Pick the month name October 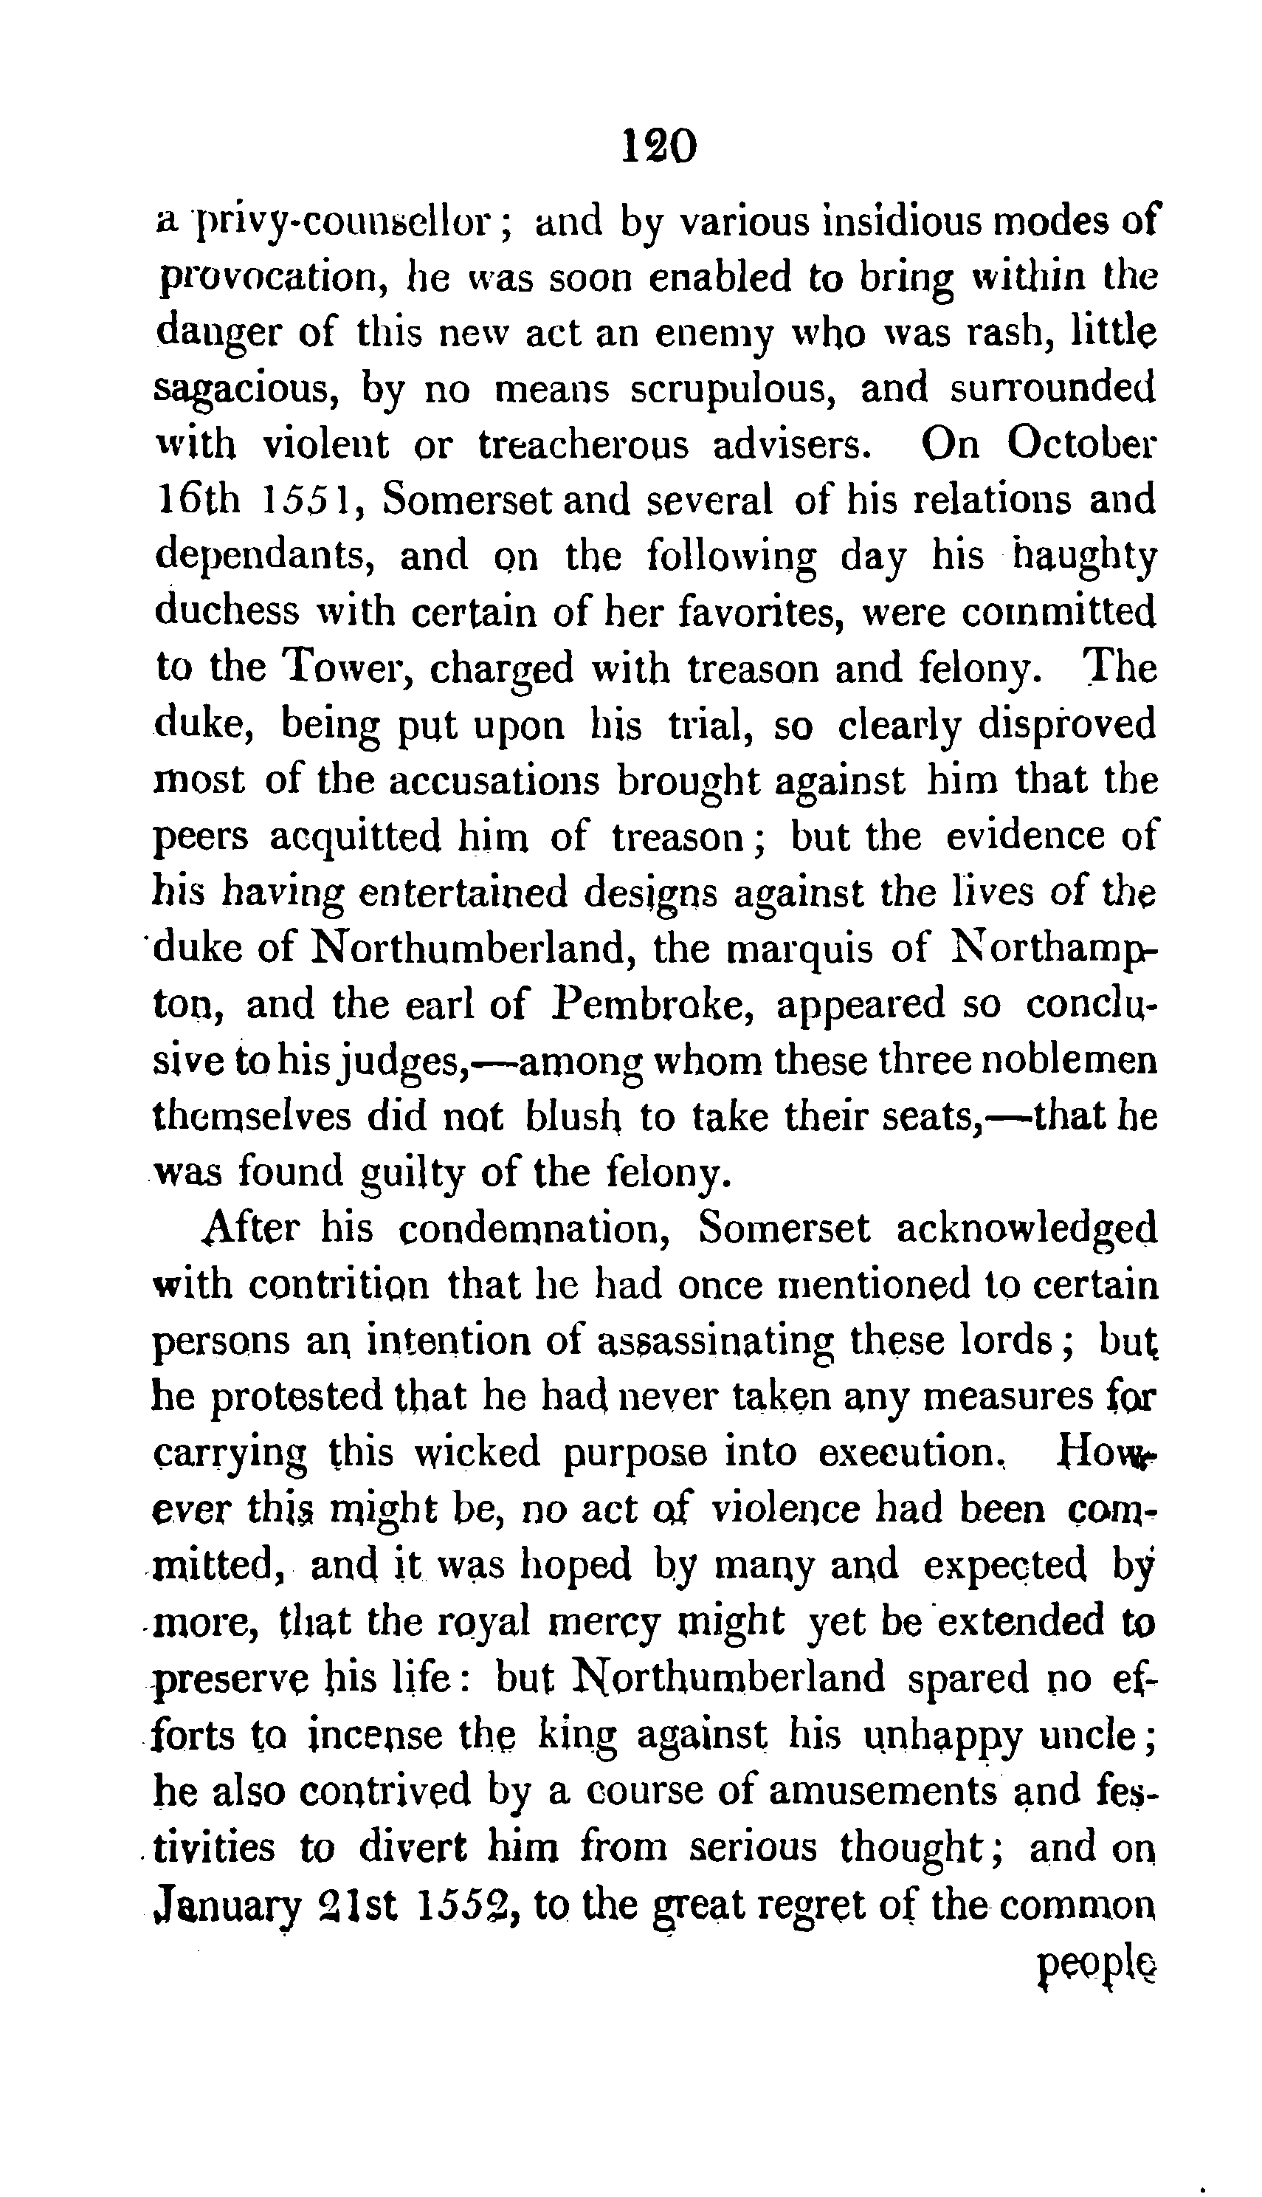[1080, 444]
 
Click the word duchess [228, 611]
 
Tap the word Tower [347, 667]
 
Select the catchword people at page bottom [1096, 1956]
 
